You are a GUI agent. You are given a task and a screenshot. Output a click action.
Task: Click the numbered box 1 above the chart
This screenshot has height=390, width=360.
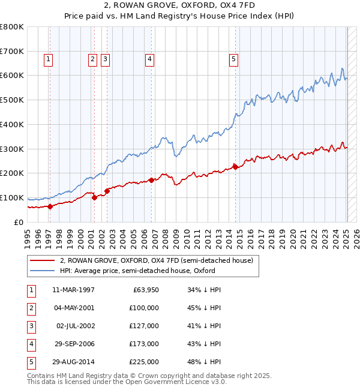47,59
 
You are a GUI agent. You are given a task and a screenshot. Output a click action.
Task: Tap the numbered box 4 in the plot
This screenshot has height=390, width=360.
149,59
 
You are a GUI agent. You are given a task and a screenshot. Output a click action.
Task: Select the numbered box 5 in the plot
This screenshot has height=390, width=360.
233,59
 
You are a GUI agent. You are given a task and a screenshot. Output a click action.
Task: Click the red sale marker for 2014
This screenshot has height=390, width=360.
235,167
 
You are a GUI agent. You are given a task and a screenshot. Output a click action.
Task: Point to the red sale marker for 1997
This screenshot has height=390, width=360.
50,206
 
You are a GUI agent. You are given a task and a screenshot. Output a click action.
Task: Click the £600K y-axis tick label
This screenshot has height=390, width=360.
12,76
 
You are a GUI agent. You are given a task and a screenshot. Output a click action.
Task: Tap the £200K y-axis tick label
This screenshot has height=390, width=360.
12,173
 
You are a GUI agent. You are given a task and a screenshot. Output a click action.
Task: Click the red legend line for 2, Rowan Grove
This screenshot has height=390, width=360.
42,261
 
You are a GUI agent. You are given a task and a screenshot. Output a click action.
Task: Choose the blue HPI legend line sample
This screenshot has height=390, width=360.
42,271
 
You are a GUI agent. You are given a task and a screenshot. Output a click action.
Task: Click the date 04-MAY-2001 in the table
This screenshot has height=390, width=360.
73,308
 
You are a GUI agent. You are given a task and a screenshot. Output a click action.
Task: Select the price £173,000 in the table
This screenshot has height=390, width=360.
144,344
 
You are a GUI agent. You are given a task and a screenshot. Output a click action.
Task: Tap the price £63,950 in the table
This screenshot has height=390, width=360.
146,290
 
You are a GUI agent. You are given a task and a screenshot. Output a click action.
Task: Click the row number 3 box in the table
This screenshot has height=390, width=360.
30,326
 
